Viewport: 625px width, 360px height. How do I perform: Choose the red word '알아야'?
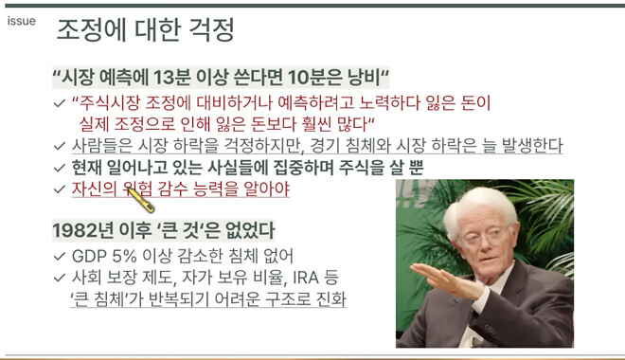pyautogui.click(x=266, y=189)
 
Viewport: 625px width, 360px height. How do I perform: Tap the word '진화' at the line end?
pyautogui.click(x=330, y=299)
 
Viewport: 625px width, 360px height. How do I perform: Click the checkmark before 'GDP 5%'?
pyautogui.click(x=60, y=256)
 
